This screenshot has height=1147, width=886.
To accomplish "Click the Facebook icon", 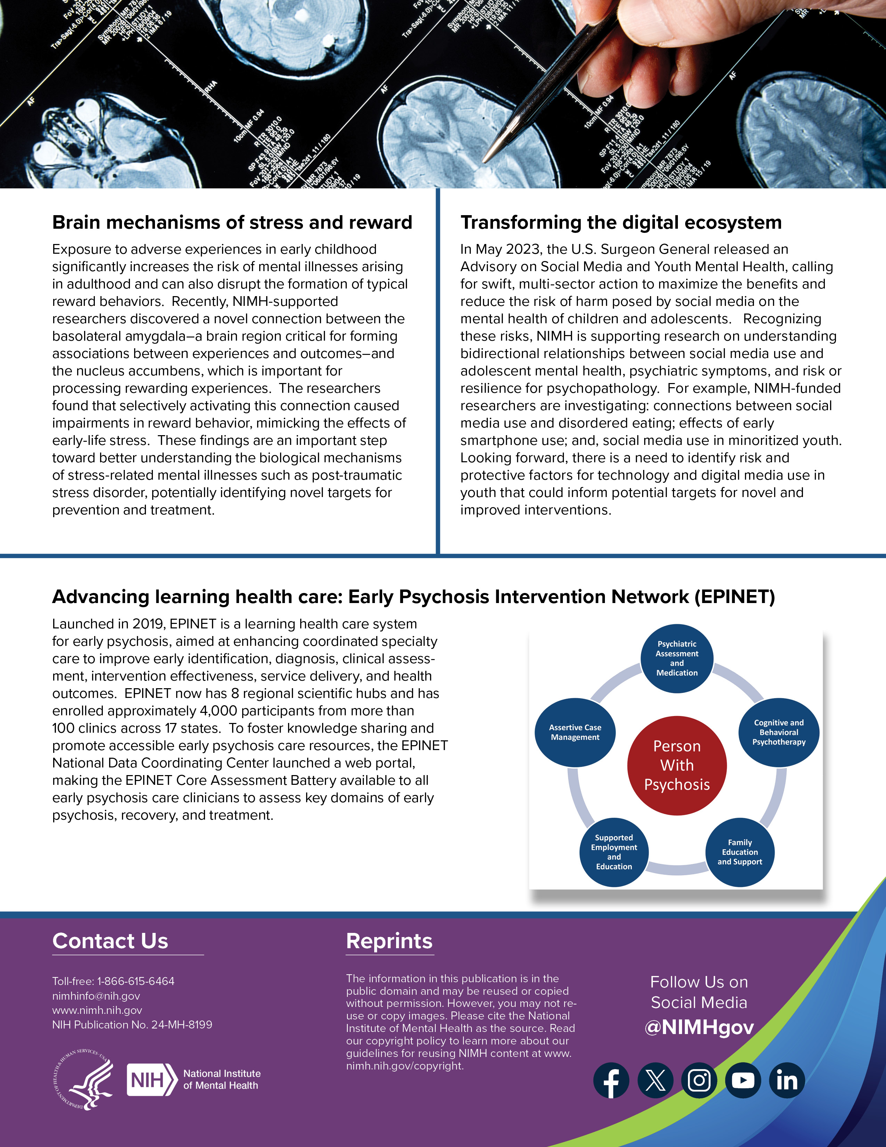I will click(611, 1080).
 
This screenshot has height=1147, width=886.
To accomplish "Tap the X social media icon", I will click(655, 1080).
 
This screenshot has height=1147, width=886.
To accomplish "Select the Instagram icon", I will click(699, 1080).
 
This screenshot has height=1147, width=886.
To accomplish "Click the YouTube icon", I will click(743, 1080).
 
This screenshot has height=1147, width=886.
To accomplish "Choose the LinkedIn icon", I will click(787, 1080).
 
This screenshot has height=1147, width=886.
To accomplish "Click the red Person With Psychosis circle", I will click(676, 765).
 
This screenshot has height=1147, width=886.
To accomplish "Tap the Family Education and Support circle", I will click(740, 852).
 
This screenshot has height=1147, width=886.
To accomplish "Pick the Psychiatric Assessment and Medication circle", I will click(676, 658).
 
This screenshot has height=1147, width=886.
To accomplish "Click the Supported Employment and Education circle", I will click(614, 852).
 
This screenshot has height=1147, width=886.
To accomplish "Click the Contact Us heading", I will click(110, 941).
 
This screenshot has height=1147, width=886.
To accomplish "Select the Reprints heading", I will click(389, 941).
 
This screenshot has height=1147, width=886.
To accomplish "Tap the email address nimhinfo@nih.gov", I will click(96, 996).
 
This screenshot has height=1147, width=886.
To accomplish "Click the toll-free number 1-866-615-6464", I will click(136, 981).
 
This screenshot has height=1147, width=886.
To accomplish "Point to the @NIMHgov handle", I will click(699, 1027).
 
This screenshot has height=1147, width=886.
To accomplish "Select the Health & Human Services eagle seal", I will click(84, 1080).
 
